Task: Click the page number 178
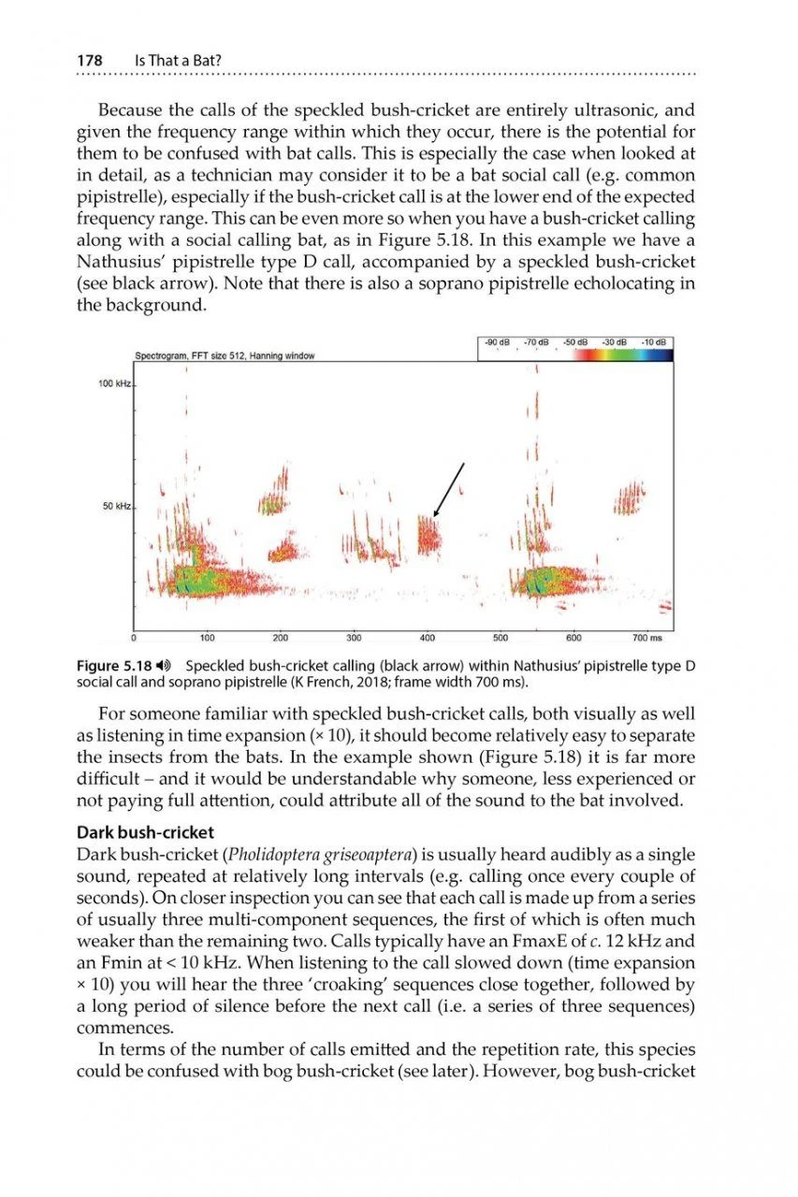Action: point(89,61)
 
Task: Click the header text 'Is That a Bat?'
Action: point(180,61)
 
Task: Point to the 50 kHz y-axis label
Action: point(116,507)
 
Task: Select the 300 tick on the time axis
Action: point(354,639)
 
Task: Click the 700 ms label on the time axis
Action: point(646,639)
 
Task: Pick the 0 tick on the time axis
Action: point(134,639)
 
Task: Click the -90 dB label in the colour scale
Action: point(495,342)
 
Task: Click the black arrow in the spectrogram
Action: point(448,488)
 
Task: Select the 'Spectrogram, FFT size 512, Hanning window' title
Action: point(225,356)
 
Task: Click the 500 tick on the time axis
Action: point(501,639)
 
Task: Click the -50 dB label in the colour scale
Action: point(574,342)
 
